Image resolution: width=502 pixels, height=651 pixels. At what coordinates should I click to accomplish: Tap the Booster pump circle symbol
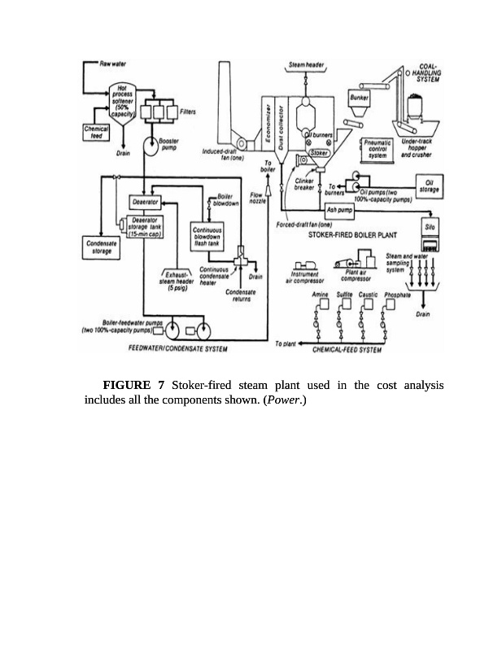(x=151, y=146)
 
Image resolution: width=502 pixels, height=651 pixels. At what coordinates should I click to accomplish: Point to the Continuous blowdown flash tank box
(x=209, y=237)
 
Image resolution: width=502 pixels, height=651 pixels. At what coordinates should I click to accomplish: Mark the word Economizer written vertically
(x=268, y=124)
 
